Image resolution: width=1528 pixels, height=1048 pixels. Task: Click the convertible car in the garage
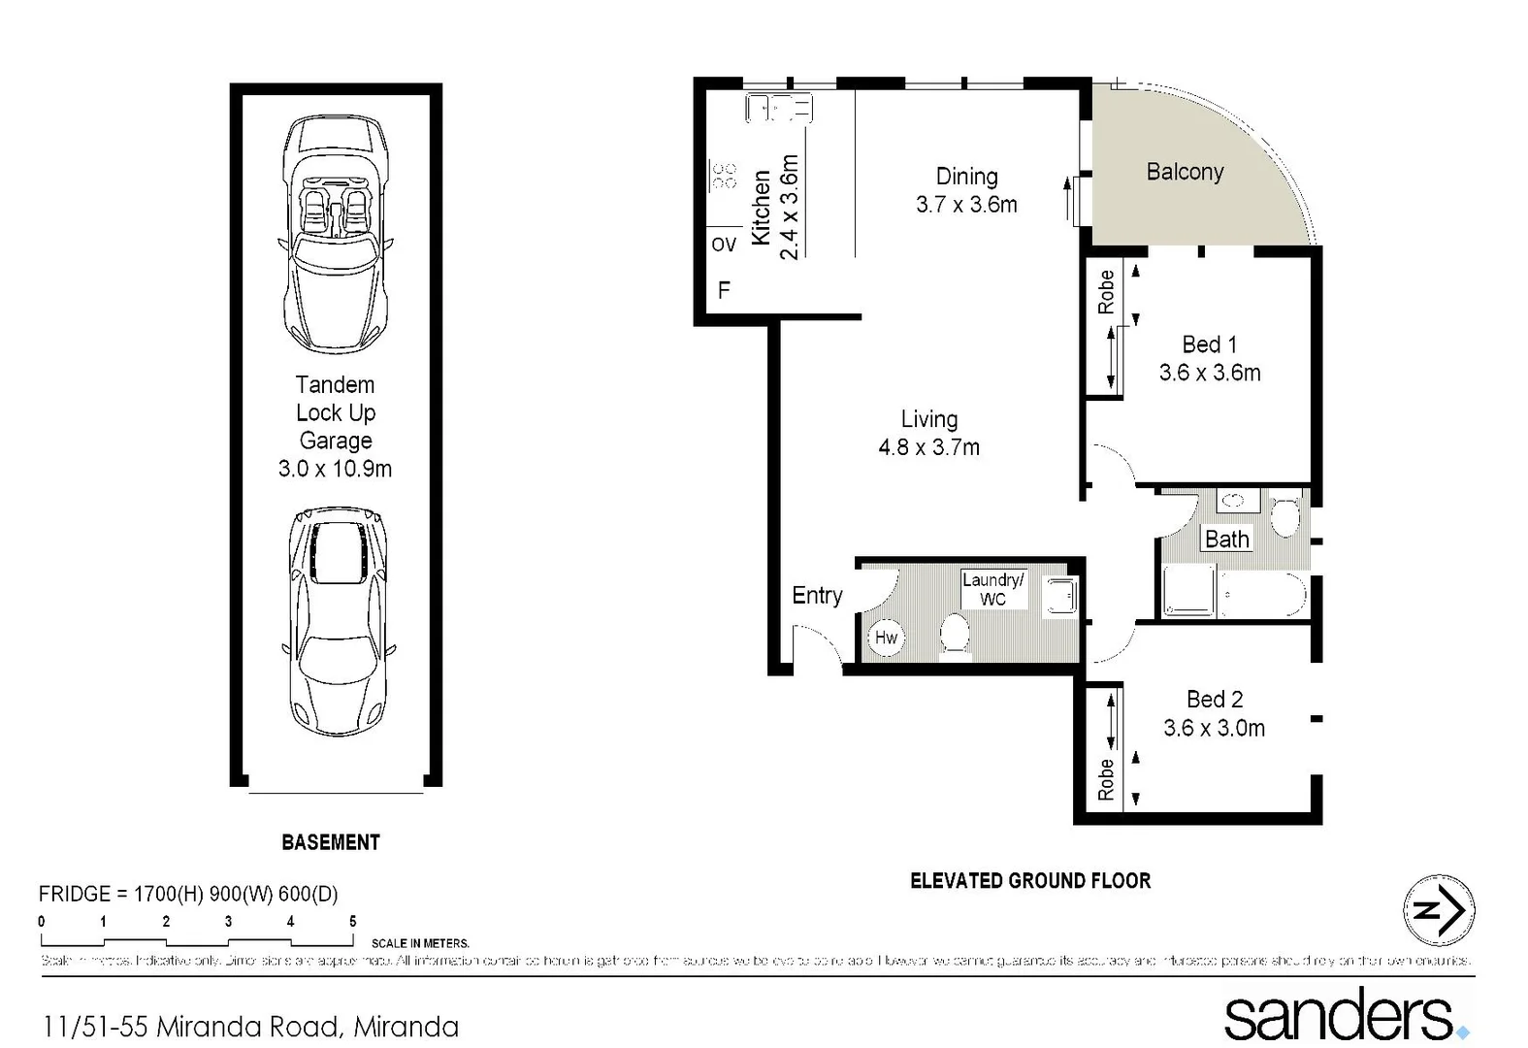(335, 233)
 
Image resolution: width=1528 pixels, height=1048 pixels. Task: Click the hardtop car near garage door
(338, 621)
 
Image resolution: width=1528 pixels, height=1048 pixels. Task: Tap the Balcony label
(1185, 172)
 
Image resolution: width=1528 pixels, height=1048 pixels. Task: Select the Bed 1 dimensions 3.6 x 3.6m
(1210, 373)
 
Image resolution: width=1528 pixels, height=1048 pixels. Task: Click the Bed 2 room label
(1215, 700)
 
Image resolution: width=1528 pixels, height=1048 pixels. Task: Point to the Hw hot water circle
(886, 638)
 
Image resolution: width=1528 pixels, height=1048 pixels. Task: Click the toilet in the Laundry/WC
(956, 636)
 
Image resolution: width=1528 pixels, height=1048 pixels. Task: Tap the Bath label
(1226, 540)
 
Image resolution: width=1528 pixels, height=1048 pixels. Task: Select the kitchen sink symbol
(778, 107)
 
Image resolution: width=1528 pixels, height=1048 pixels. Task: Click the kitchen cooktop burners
(724, 176)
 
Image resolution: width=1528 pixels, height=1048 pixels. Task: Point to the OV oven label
(724, 245)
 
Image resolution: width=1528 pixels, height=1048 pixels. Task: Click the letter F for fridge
(724, 290)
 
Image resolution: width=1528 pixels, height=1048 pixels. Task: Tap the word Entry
(817, 596)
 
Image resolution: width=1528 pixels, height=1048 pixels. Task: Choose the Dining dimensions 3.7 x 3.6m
(966, 205)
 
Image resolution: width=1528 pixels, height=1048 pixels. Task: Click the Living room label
(929, 419)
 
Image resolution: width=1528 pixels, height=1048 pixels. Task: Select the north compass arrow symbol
(1439, 910)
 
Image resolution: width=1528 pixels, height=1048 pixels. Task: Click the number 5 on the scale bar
(352, 921)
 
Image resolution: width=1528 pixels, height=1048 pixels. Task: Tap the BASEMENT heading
(331, 842)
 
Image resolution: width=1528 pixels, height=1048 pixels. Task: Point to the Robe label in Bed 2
(1106, 779)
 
